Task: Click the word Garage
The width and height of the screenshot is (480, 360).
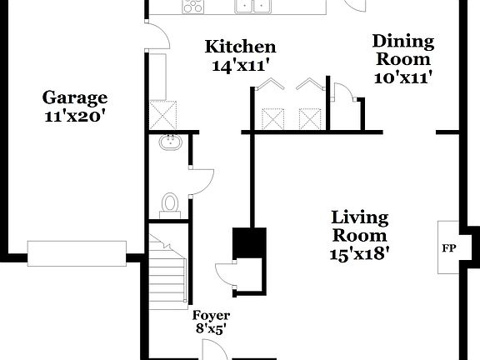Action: (75, 97)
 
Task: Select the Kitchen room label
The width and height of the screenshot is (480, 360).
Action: (241, 47)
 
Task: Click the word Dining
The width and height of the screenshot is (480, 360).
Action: (403, 42)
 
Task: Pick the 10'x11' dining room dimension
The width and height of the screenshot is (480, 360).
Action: (403, 77)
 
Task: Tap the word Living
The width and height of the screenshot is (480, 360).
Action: (359, 218)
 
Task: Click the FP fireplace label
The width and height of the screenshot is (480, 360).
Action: (448, 248)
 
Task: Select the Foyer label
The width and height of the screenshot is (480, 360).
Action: (211, 315)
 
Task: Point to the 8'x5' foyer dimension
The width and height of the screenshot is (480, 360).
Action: (211, 329)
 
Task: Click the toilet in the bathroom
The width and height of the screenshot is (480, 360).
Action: (170, 204)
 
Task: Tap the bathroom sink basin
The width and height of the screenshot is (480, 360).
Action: (171, 142)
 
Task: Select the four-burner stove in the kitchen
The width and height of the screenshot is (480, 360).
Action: (192, 7)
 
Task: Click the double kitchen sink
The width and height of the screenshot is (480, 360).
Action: (254, 7)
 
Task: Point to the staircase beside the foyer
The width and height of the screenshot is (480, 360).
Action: (168, 271)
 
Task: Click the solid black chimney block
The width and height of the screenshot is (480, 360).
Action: (248, 242)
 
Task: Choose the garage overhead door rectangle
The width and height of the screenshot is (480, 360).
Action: (77, 251)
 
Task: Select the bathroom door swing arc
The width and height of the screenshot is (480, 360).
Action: (202, 182)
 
